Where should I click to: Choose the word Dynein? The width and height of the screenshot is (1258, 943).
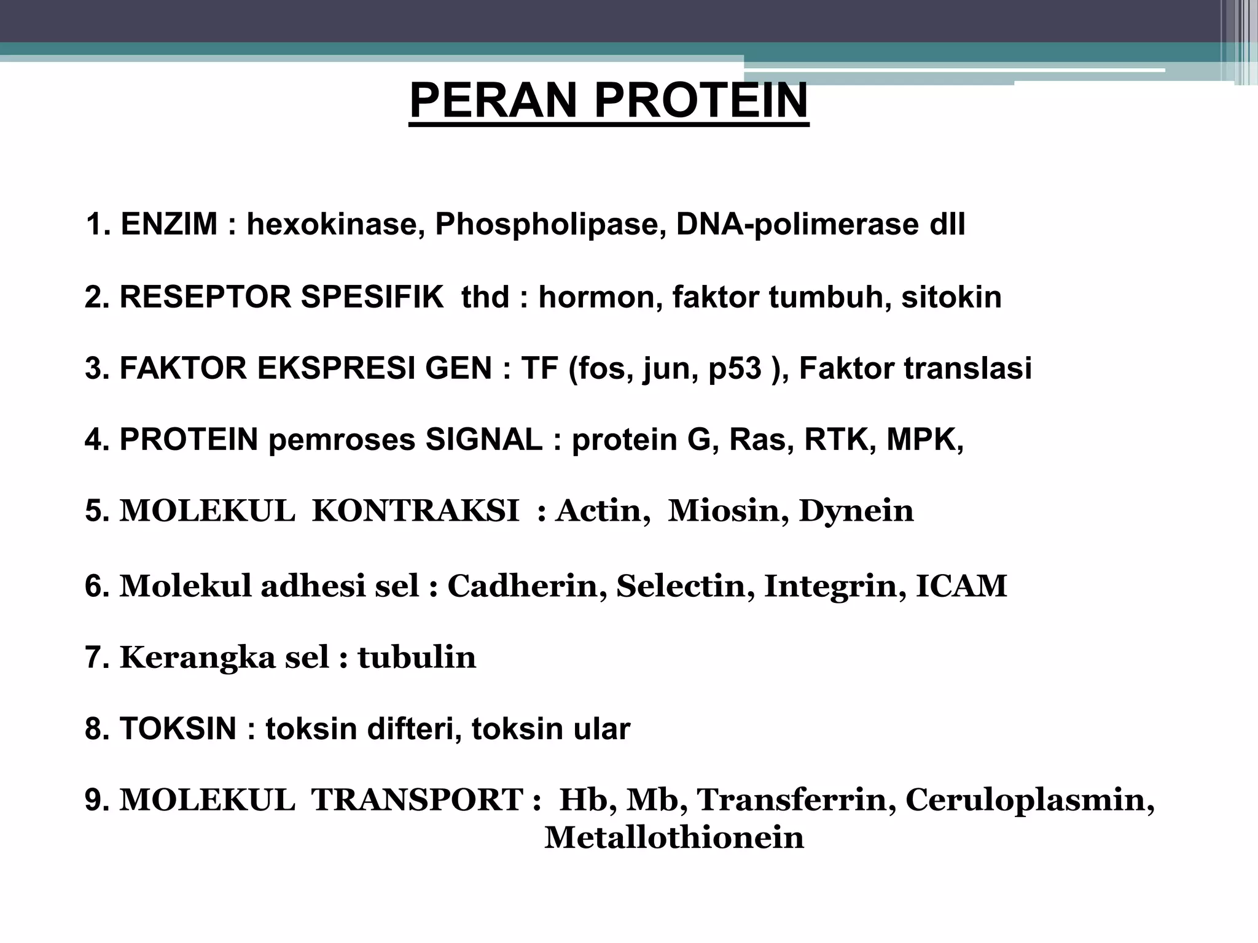pos(856,511)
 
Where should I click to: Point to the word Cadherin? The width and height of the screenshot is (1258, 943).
pos(522,586)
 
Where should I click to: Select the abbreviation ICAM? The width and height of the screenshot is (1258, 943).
pos(961,586)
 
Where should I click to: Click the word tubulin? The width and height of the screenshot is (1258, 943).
pos(416,658)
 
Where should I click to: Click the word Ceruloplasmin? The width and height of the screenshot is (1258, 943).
pos(1025,800)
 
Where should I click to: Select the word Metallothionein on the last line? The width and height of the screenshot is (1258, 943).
pos(674,837)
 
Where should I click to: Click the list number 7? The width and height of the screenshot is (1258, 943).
pos(95,658)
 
